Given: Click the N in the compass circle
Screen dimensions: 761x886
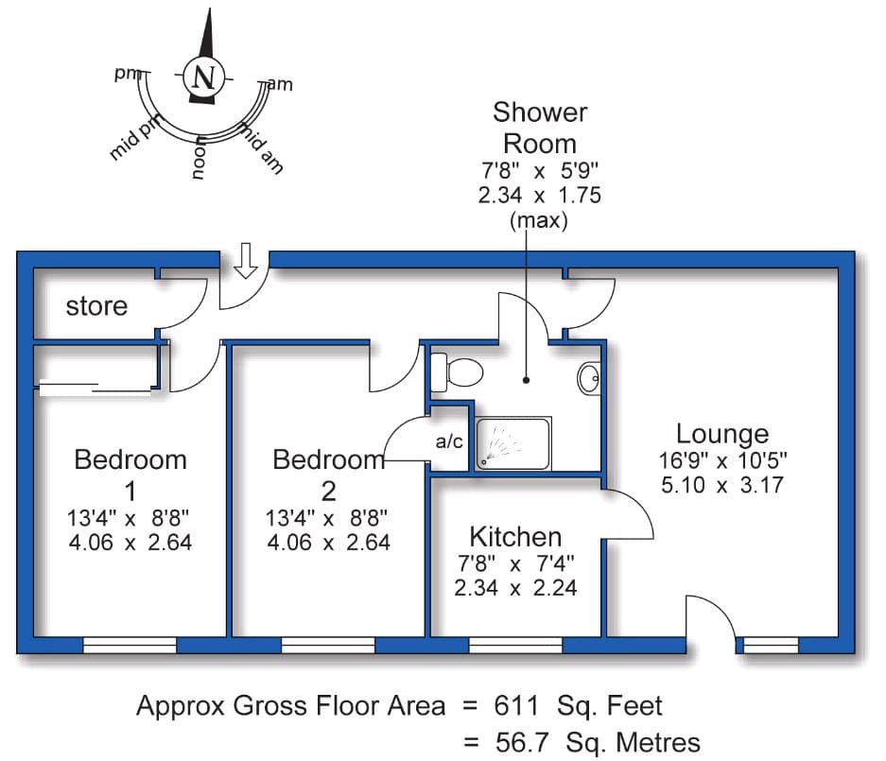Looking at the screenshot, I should (x=201, y=77).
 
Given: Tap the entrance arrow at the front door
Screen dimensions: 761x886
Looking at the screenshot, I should (x=246, y=260).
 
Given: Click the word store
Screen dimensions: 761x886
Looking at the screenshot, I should (x=96, y=306).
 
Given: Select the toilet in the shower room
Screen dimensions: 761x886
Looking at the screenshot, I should (x=456, y=372).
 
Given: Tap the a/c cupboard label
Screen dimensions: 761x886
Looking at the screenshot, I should (x=448, y=441).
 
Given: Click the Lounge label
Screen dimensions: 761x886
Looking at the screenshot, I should (x=722, y=434).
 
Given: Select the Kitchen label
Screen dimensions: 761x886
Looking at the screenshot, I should (x=515, y=537).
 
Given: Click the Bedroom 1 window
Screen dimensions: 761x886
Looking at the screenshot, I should (x=130, y=646).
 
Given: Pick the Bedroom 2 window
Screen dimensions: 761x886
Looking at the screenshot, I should (x=327, y=646).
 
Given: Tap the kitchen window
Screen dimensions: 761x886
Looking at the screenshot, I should (x=515, y=646).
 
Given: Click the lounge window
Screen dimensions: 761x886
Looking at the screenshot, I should (x=770, y=646).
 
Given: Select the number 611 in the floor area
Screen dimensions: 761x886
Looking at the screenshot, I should (x=514, y=705).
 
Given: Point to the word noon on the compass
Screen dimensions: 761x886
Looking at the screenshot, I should (x=199, y=158).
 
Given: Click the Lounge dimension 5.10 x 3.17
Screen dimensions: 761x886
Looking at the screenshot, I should (x=722, y=486).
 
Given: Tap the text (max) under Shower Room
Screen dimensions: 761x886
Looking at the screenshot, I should (x=538, y=221).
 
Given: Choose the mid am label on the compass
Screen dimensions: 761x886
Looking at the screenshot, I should (x=261, y=148).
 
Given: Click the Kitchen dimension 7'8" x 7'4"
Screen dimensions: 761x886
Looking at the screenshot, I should (x=515, y=563).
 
